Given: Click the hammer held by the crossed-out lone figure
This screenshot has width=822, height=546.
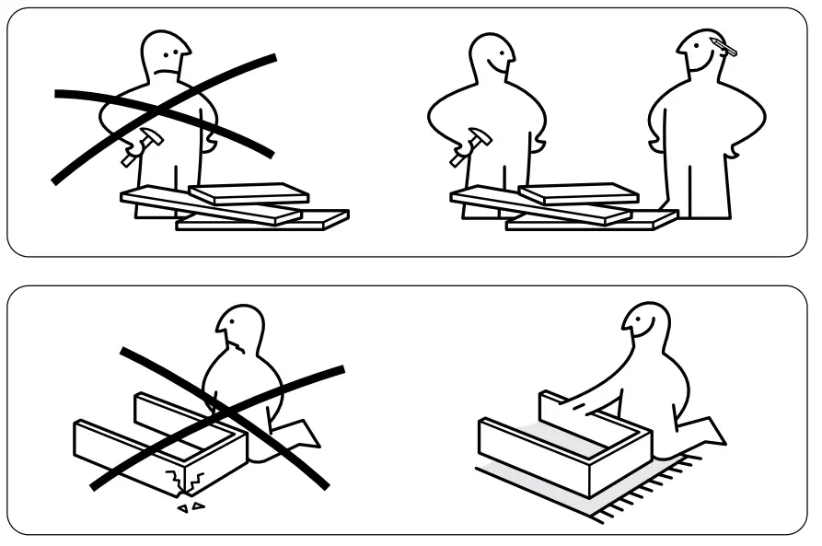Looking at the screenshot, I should (141, 146).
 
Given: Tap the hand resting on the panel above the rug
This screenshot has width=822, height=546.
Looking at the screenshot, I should (576, 404).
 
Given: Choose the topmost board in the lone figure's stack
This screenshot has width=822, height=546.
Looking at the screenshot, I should (249, 192).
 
